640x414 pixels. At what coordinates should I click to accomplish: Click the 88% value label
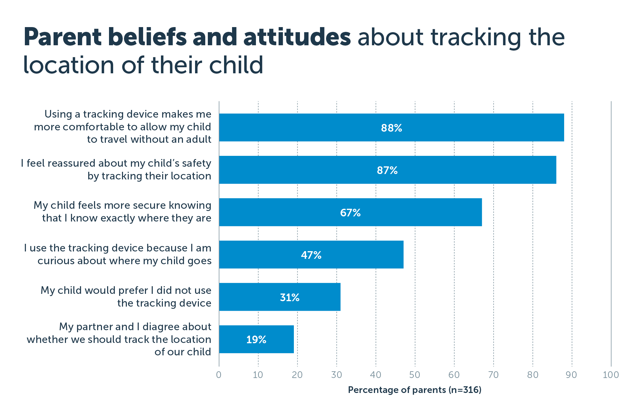tap(391, 128)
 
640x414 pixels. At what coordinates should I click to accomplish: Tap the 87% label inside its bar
tap(387, 170)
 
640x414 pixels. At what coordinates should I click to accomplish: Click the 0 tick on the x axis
tap(219, 375)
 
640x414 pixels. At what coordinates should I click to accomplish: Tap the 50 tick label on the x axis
tap(415, 375)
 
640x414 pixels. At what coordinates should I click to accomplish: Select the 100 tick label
tap(611, 375)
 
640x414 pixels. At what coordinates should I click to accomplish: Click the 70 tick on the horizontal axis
tap(493, 375)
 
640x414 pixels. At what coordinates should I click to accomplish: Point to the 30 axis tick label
tap(336, 375)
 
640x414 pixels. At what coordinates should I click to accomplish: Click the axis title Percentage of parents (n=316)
tap(414, 390)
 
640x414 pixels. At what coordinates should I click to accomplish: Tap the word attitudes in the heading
tap(297, 38)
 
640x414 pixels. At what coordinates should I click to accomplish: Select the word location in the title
tap(68, 65)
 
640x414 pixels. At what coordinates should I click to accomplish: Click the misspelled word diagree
tap(161, 327)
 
